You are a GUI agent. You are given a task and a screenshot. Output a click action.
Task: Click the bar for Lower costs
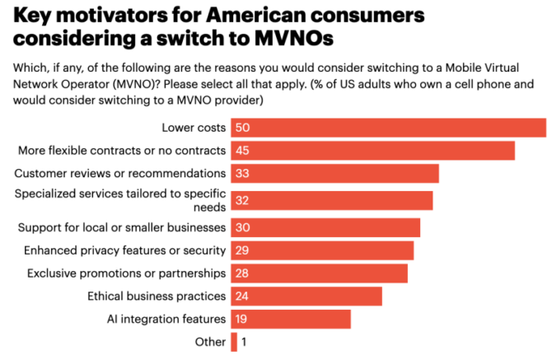click(388, 128)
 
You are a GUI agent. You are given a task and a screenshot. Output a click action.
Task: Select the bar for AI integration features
click(291, 319)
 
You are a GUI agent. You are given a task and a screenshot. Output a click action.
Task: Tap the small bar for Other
click(234, 342)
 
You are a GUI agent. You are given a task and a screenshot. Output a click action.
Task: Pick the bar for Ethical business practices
click(306, 296)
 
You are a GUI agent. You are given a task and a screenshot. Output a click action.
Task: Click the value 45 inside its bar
click(242, 151)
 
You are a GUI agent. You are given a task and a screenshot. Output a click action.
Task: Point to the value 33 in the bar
click(242, 174)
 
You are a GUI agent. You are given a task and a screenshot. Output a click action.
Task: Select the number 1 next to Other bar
click(245, 342)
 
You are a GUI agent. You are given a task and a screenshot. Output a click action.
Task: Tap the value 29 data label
click(242, 250)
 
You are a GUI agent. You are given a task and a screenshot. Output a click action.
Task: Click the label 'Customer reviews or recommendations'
click(120, 174)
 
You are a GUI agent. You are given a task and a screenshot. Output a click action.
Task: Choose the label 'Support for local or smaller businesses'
click(122, 227)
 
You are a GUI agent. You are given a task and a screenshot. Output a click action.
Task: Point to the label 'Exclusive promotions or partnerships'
click(126, 273)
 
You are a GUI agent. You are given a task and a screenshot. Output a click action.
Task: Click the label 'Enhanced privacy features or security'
click(123, 250)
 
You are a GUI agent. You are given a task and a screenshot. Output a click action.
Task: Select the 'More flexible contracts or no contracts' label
click(122, 151)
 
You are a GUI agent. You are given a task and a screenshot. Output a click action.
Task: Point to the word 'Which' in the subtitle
click(30, 68)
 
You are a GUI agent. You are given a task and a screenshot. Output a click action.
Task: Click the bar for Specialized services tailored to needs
click(331, 200)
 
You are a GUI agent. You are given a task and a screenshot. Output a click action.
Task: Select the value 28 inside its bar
click(242, 273)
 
